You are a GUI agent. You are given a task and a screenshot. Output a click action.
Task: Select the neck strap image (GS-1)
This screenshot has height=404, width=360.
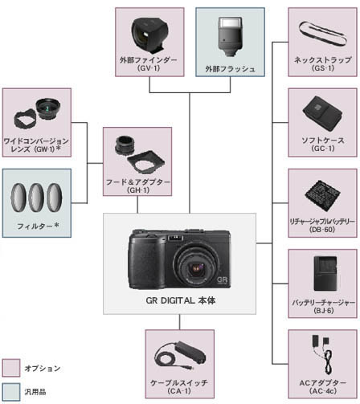pyautogui.click(x=322, y=34)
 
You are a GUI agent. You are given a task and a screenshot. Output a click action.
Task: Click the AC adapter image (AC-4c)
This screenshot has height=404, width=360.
pyautogui.click(x=322, y=351)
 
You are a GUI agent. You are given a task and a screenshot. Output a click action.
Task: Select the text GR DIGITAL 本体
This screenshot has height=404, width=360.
pyautogui.click(x=179, y=300)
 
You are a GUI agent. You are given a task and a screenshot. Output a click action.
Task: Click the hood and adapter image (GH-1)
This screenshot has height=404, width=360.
pyautogui.click(x=137, y=152)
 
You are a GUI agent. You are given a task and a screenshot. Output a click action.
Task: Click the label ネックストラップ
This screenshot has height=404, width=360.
pyautogui.click(x=322, y=60)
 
